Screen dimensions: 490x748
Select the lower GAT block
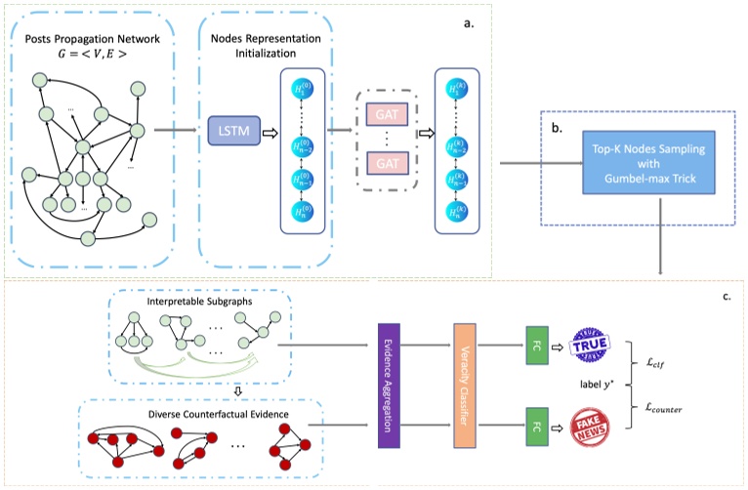[385, 161]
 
